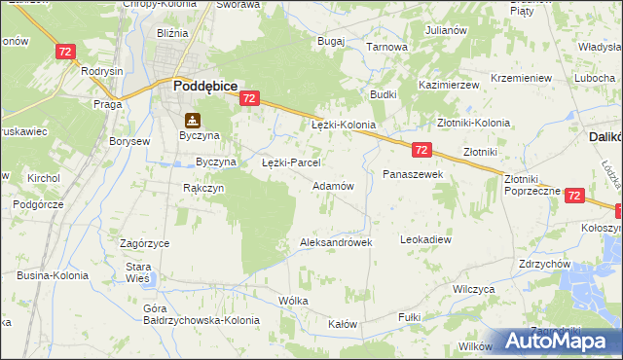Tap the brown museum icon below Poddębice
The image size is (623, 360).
tap(193, 121)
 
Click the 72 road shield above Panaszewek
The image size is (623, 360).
tap(421, 150)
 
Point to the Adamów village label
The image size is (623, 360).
tap(332, 185)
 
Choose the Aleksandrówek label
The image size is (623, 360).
tap(337, 242)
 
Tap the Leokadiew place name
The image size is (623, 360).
tap(426, 238)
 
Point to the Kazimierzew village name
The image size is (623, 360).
tap(449, 86)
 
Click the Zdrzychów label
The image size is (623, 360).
tap(544, 265)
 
